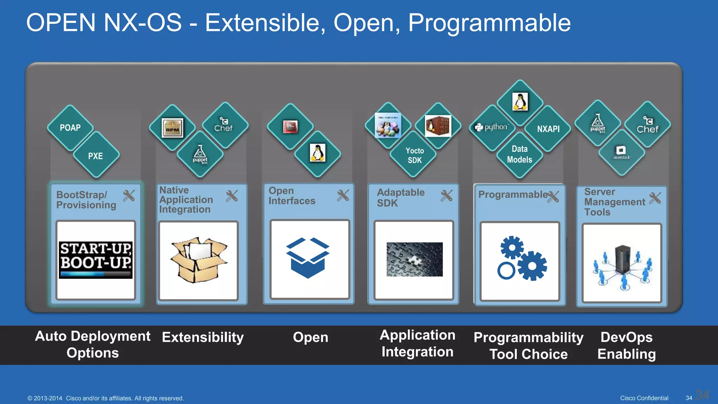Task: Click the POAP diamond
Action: pos(70,128)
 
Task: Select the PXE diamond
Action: pos(96,156)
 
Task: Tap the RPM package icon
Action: pos(172,128)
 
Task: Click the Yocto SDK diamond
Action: pos(414,155)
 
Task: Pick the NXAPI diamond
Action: pos(548,129)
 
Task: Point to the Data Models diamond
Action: pos(519,155)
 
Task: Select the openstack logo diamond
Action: pos(621,153)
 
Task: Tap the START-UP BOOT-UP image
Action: pos(96,260)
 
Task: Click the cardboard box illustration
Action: pos(198,260)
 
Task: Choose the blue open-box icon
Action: pos(308,258)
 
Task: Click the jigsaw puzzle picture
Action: pos(414,260)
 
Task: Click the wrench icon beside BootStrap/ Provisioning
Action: pos(129,196)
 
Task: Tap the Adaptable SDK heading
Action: pos(400,197)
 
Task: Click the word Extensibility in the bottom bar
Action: pos(203,337)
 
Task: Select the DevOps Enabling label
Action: pos(626,345)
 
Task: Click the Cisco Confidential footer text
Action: pos(644,398)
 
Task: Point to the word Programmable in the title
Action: pos(489,23)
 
